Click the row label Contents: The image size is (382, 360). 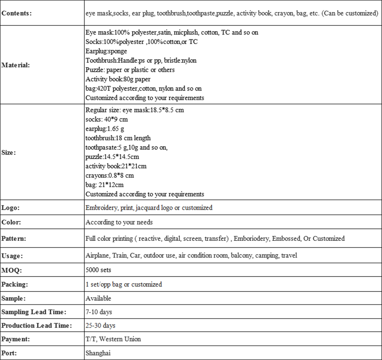coord(17,13)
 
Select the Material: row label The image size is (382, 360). coord(16,65)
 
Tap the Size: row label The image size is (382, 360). coord(9,152)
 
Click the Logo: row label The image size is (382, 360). coord(10,208)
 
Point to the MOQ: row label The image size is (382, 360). coord(11,270)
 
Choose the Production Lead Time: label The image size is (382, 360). coord(37,326)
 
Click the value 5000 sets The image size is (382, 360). coord(98,270)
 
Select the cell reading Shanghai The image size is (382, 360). coord(98,353)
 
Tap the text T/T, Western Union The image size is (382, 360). coord(113,339)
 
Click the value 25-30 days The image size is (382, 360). coord(100,326)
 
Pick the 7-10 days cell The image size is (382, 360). coord(99,312)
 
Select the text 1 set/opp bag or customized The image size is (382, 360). coord(124,284)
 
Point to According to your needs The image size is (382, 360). coord(119,222)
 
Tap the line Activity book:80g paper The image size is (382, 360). coord(118,79)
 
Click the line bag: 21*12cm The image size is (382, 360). coord(104,185)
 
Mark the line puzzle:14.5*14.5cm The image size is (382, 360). coord(112,157)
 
